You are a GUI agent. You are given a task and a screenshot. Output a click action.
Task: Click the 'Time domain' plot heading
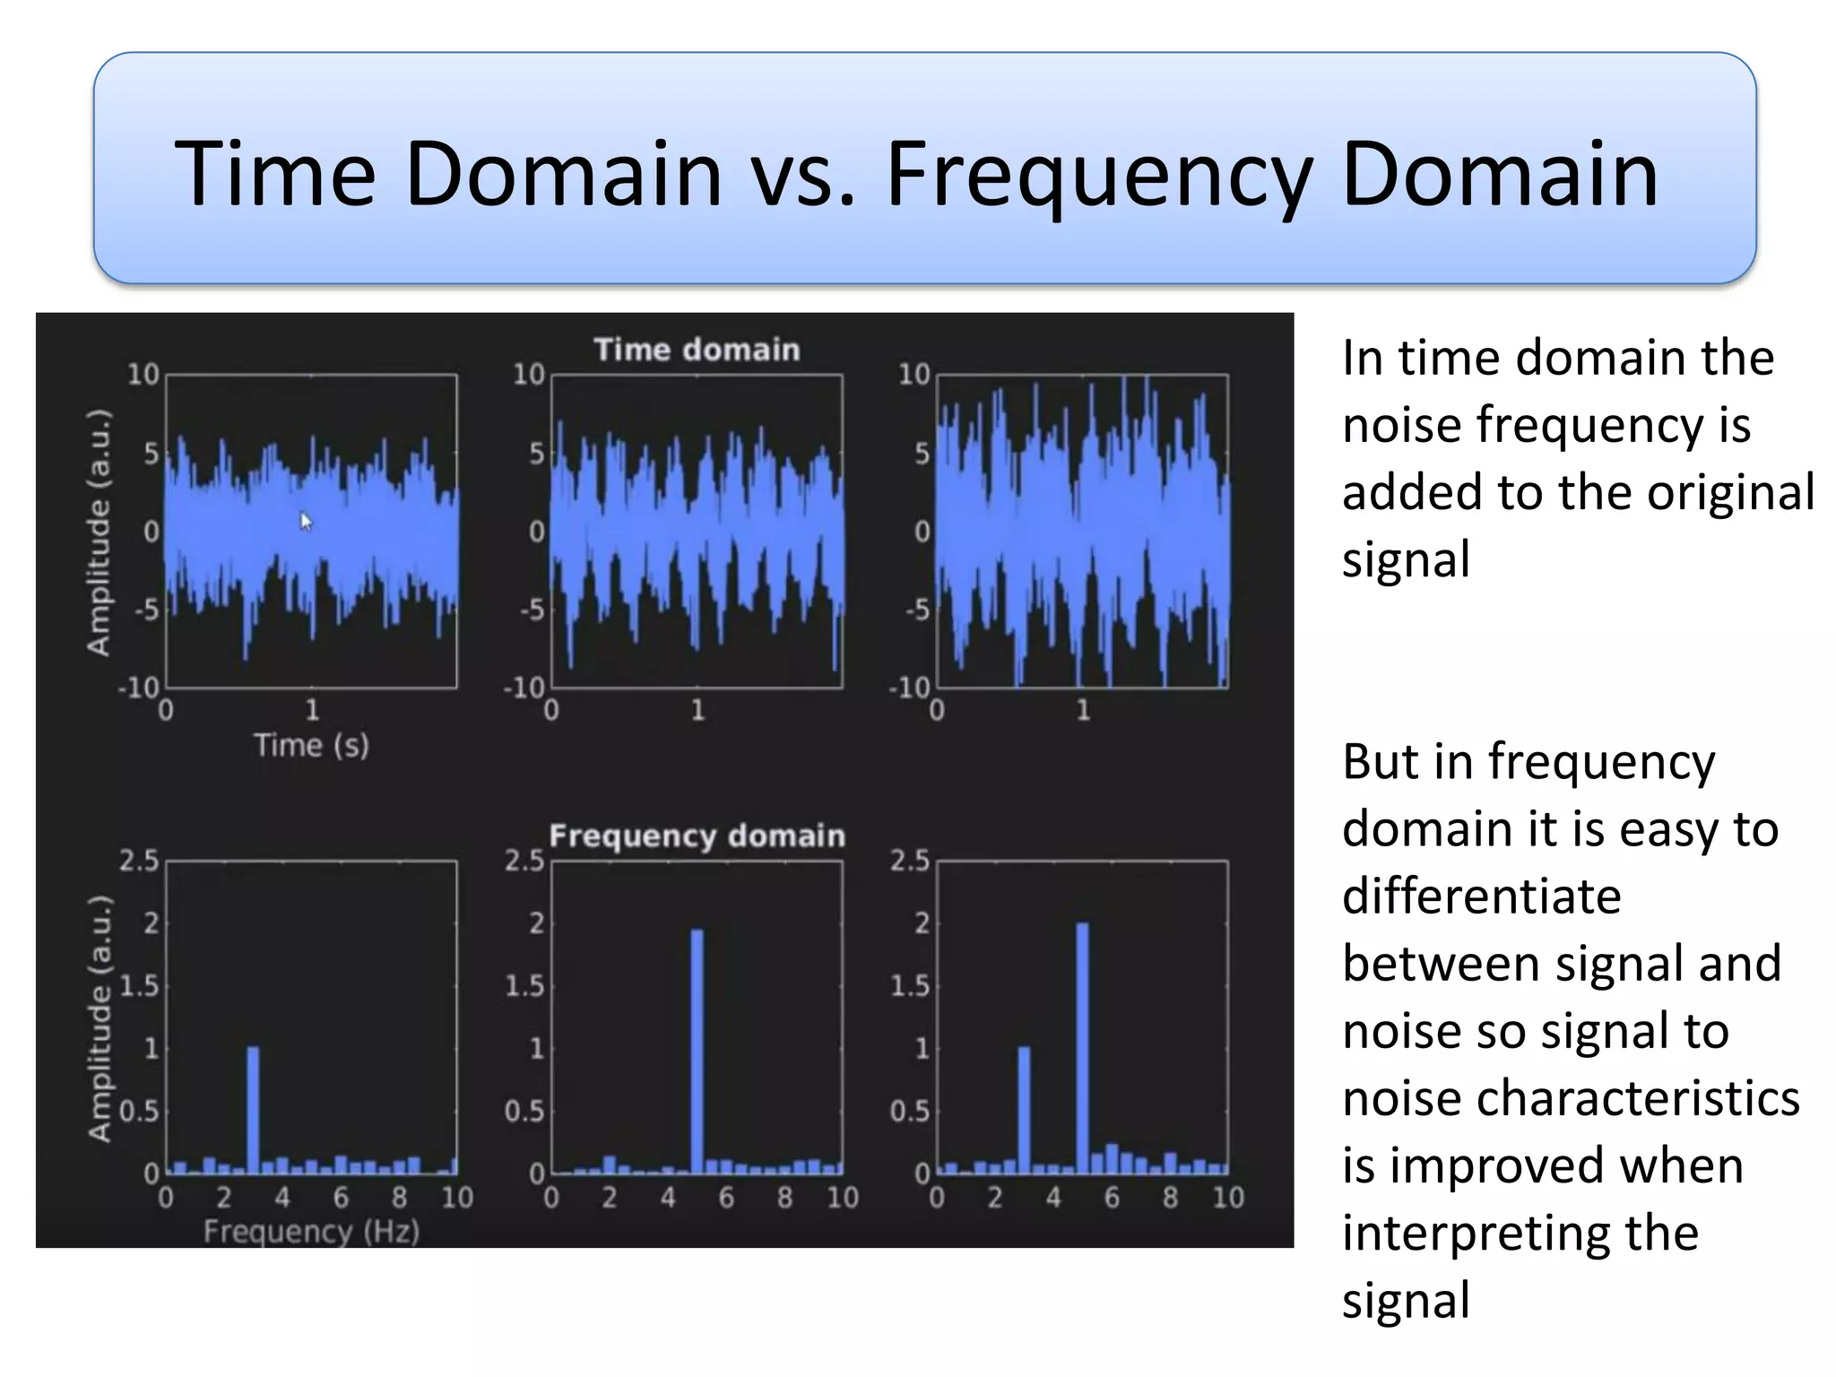[x=697, y=350]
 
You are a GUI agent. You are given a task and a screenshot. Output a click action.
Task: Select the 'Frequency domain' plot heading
[x=697, y=836]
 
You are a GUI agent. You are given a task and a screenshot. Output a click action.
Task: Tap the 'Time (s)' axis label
[x=311, y=745]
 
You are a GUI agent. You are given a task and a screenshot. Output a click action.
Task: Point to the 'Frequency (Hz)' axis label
[x=311, y=1232]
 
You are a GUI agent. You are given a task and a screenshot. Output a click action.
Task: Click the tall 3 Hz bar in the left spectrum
[x=253, y=1110]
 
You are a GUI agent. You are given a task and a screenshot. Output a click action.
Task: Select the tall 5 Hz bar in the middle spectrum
[x=697, y=1051]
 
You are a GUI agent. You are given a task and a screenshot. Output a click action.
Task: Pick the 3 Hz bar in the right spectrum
[x=1024, y=1110]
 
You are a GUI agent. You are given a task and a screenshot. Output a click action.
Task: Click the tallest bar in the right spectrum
[x=1082, y=1047]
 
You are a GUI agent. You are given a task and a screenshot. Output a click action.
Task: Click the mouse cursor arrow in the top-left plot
[x=305, y=521]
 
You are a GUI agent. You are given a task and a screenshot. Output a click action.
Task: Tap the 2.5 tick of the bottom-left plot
[x=139, y=861]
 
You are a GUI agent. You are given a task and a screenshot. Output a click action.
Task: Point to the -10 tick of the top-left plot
[x=139, y=688]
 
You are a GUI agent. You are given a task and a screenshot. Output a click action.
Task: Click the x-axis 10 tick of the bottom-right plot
[x=1228, y=1198]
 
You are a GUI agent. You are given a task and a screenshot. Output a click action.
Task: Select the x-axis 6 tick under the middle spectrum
[x=726, y=1198]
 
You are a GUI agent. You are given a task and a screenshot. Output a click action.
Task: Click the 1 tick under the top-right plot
[x=1083, y=711]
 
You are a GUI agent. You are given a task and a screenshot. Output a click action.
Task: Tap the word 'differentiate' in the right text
[x=1481, y=896]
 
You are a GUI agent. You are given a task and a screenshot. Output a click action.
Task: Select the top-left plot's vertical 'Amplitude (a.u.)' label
[x=99, y=532]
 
